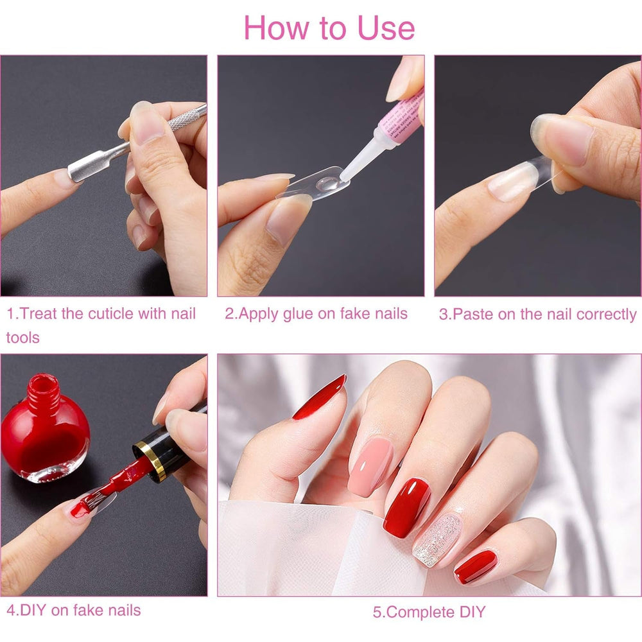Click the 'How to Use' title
click(329, 27)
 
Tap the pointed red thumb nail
click(320, 397)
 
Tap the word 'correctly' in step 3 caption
click(606, 315)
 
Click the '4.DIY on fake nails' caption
click(73, 609)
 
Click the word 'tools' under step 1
click(23, 338)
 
